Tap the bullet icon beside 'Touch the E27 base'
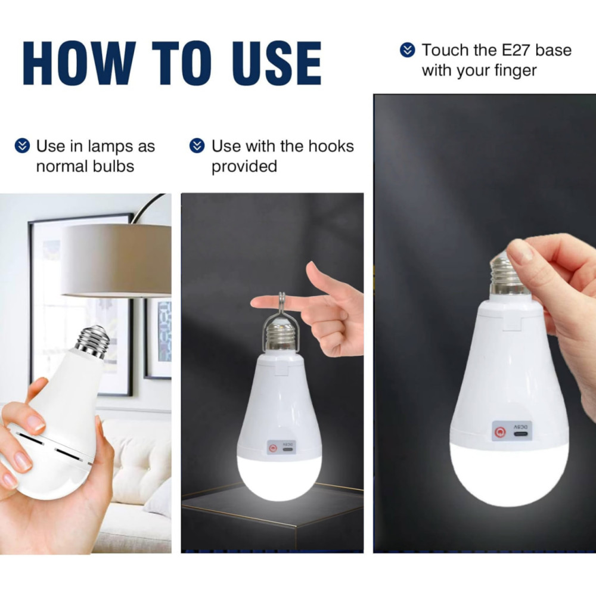pyautogui.click(x=408, y=50)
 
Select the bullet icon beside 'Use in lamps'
pyautogui.click(x=22, y=145)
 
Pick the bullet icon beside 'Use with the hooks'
pyautogui.click(x=197, y=145)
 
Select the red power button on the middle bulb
pyautogui.click(x=272, y=449)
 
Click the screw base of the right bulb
pyautogui.click(x=507, y=274)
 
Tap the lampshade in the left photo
pyautogui.click(x=116, y=260)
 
